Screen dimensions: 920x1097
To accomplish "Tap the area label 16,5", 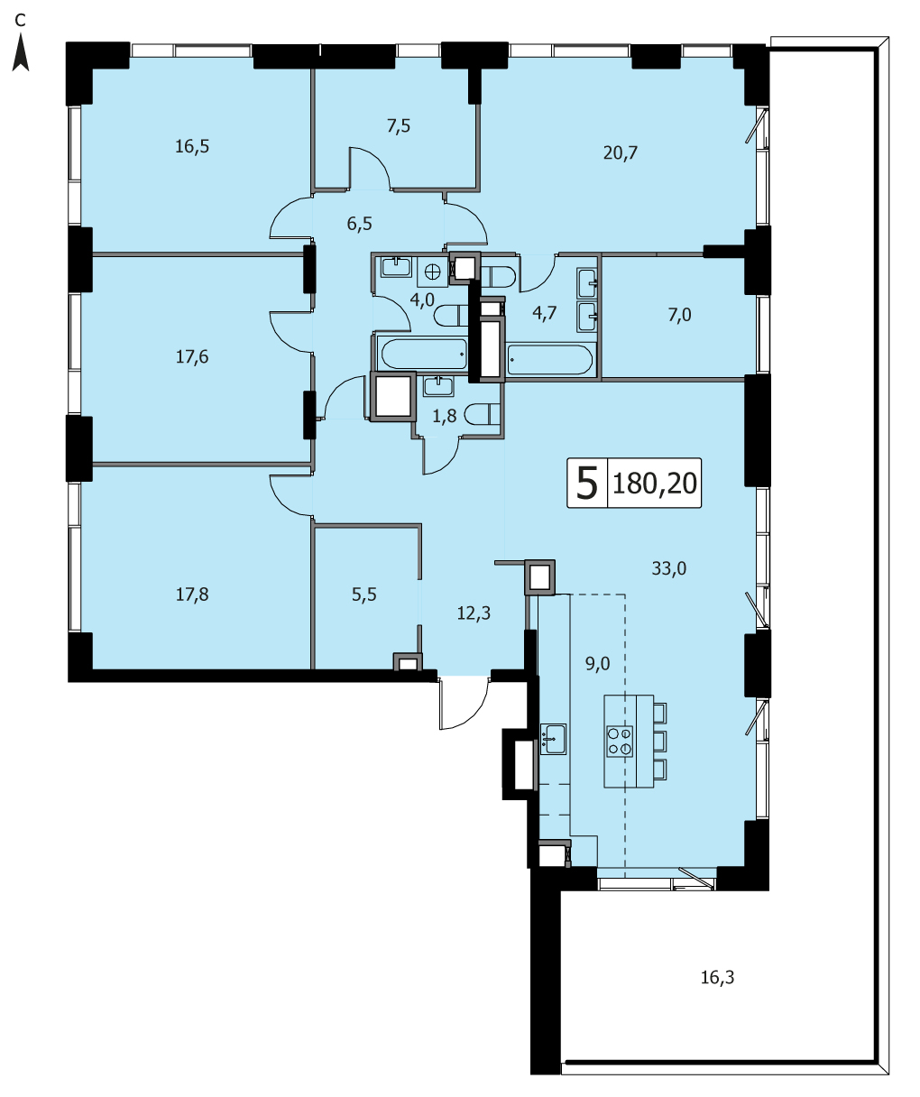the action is click(192, 146).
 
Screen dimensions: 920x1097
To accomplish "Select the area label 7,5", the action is click(399, 126).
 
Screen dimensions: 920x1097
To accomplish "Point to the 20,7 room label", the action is click(621, 152).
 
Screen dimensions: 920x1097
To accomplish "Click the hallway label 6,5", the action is click(359, 224).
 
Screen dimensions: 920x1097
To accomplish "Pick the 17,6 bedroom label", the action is click(192, 357).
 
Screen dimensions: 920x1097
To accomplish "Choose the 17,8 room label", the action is click(192, 595).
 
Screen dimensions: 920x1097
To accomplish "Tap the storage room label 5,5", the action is click(364, 595).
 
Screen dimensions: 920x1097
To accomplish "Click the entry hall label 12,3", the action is click(474, 613).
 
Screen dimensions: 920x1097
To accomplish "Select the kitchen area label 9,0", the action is click(597, 664).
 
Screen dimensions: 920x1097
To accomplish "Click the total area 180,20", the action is click(655, 484).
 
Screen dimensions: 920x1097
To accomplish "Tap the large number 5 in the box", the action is click(587, 484).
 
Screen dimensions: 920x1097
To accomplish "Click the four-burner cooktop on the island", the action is click(620, 742).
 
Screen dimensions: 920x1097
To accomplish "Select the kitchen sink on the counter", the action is click(553, 739).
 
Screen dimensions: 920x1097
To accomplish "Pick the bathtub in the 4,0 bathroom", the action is click(424, 355).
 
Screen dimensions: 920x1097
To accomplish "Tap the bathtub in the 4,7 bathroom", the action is click(550, 360).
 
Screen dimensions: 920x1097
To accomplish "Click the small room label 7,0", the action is click(679, 315).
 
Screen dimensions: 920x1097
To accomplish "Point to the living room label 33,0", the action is click(669, 568).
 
